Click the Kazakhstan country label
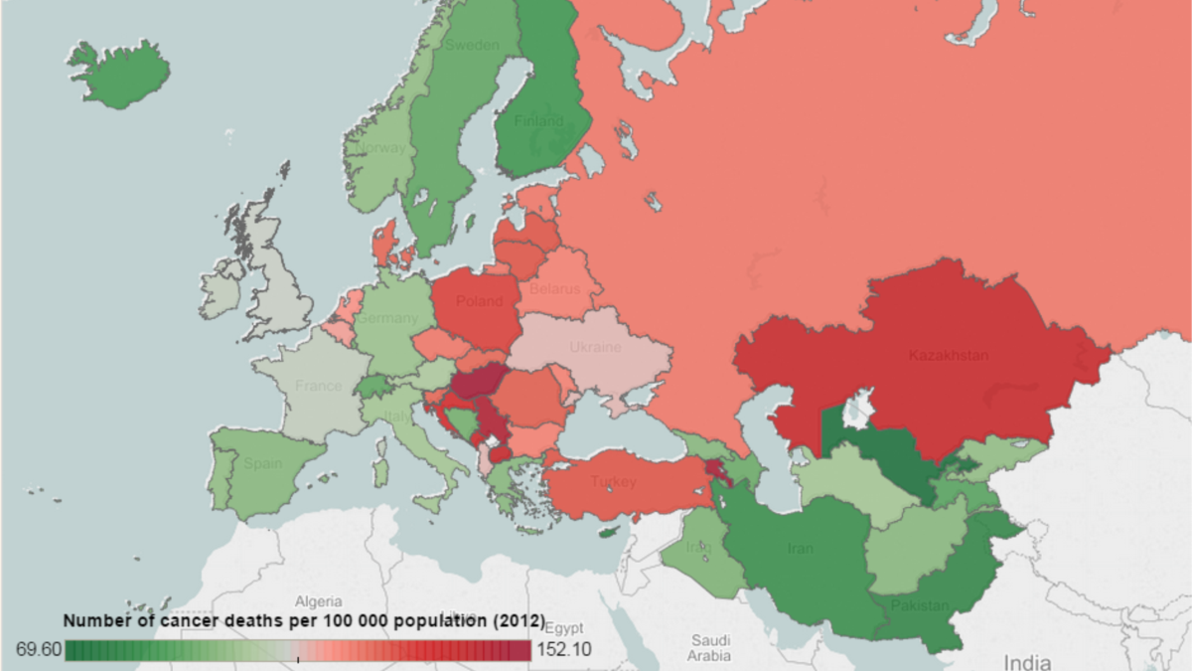click(x=948, y=355)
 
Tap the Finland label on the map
click(x=538, y=121)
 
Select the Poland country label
click(x=479, y=301)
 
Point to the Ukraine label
click(x=595, y=347)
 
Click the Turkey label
click(x=613, y=482)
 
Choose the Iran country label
click(x=800, y=549)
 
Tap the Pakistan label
click(x=919, y=605)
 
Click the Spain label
click(x=263, y=463)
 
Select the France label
click(x=318, y=386)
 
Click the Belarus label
click(x=554, y=289)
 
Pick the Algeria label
click(x=318, y=601)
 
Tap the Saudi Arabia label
click(x=710, y=648)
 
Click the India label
click(x=1027, y=661)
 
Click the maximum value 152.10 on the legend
click(x=566, y=650)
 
